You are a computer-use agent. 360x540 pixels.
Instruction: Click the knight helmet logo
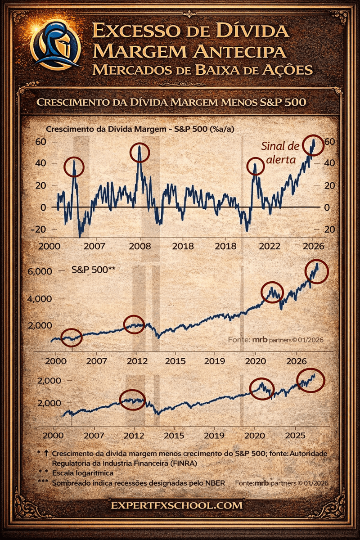pos(55,44)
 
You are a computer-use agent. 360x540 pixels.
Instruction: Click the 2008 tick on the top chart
pos(139,246)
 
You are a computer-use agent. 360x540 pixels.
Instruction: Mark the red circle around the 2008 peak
pos(139,153)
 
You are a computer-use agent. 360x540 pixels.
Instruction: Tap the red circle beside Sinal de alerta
pos(312,145)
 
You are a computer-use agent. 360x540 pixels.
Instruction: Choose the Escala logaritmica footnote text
pos(81,473)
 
